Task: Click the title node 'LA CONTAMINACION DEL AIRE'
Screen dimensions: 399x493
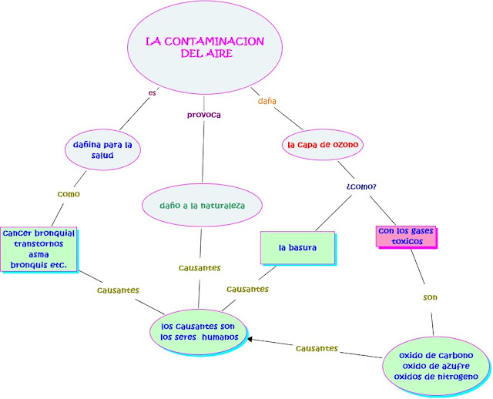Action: pos(205,48)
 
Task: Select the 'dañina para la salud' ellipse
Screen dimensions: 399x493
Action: pos(102,149)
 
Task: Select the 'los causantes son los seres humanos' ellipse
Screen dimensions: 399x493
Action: pos(200,331)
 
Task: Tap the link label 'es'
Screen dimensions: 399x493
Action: pos(152,94)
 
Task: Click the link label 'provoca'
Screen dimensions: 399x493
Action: pos(204,115)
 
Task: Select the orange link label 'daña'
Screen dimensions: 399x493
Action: pos(267,101)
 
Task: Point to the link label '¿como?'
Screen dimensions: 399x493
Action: pos(361,186)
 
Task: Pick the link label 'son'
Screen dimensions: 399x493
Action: pos(431,297)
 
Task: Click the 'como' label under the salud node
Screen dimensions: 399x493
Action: pos(69,194)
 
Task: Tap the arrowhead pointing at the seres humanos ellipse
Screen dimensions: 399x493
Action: pos(250,339)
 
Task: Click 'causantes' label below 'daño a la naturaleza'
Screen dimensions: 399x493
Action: pos(200,268)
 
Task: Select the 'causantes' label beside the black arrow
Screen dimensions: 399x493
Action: pos(317,348)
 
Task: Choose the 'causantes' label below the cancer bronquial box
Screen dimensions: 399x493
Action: pos(118,290)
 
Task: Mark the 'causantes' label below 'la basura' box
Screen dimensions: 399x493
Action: pos(247,289)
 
